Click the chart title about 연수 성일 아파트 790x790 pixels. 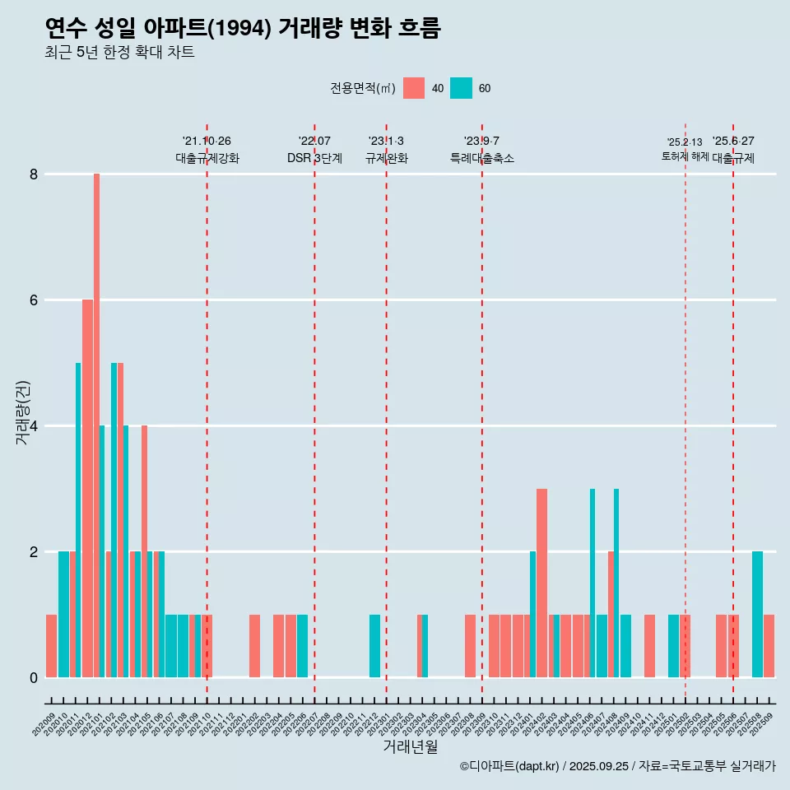(243, 29)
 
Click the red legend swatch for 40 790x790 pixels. (414, 88)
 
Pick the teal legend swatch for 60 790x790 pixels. (461, 88)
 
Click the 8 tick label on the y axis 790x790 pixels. (34, 174)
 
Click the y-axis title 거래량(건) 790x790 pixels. (23, 411)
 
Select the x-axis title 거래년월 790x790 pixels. (410, 746)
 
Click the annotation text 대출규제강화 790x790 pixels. (207, 159)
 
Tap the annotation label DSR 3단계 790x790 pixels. (314, 159)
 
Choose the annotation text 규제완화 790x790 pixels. (386, 159)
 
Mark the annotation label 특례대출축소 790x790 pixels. (481, 159)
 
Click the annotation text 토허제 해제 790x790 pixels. (685, 156)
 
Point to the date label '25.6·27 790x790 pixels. (732, 142)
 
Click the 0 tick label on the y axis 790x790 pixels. (34, 678)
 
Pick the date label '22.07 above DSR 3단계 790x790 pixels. (314, 142)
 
